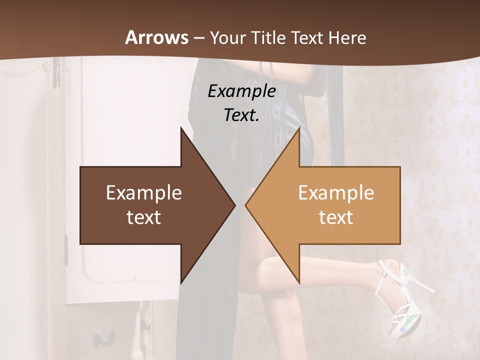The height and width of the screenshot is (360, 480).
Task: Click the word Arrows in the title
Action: click(156, 37)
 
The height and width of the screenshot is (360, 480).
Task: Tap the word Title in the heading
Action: click(268, 37)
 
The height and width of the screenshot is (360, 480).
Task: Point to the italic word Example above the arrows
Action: click(241, 91)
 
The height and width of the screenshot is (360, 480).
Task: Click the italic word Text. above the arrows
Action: click(241, 115)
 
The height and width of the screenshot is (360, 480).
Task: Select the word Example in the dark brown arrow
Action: click(144, 192)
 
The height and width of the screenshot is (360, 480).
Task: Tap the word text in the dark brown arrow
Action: click(144, 217)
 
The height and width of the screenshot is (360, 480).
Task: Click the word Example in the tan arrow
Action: click(336, 192)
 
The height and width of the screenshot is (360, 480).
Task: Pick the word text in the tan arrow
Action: click(336, 217)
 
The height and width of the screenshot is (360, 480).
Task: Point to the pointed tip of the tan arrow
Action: click(246, 205)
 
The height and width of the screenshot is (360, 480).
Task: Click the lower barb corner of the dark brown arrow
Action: click(181, 283)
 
